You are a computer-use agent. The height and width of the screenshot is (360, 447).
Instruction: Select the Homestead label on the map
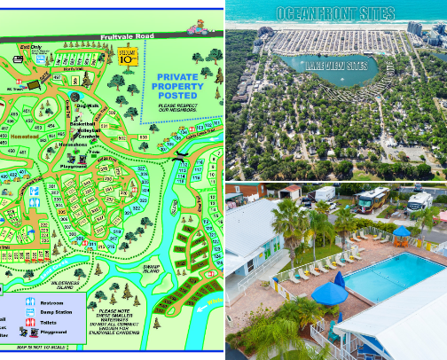point(25,137)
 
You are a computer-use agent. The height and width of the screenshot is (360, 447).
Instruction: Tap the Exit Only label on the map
point(31,46)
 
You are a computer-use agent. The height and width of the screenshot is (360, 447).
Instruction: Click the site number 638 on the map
point(143,137)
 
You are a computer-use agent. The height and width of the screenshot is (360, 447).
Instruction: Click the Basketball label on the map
point(86,120)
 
